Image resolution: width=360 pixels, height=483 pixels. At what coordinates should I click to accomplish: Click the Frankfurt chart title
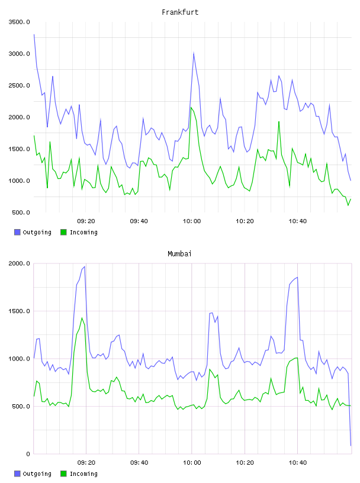pyautogui.click(x=180, y=12)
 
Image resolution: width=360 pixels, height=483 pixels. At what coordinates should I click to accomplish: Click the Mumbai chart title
pyautogui.click(x=179, y=254)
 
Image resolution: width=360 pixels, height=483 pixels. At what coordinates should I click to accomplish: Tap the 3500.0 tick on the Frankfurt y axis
pyautogui.click(x=20, y=22)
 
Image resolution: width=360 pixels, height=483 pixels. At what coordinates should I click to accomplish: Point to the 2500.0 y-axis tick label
pyautogui.click(x=20, y=85)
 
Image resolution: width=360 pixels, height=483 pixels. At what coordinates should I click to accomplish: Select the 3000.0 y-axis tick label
pyautogui.click(x=20, y=54)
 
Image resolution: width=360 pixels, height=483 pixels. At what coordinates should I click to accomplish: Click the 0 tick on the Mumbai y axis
pyautogui.click(x=28, y=454)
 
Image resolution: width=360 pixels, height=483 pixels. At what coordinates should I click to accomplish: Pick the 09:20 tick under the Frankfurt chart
pyautogui.click(x=86, y=221)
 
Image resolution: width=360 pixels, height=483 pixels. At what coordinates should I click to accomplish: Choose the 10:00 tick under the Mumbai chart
pyautogui.click(x=192, y=463)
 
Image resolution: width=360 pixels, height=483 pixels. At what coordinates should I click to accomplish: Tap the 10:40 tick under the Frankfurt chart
pyautogui.click(x=297, y=221)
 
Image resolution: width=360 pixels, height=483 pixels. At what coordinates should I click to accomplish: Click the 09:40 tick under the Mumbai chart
pyautogui.click(x=139, y=463)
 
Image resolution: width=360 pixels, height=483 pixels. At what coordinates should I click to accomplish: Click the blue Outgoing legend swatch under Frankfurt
pyautogui.click(x=17, y=232)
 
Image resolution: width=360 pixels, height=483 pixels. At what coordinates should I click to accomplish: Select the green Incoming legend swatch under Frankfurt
pyautogui.click(x=63, y=232)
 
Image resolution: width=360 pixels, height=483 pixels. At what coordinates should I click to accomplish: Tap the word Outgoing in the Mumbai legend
pyautogui.click(x=37, y=474)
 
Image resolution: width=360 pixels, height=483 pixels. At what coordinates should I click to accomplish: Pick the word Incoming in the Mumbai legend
pyautogui.click(x=83, y=474)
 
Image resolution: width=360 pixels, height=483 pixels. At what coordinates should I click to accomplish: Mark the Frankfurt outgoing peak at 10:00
pyautogui.click(x=194, y=53)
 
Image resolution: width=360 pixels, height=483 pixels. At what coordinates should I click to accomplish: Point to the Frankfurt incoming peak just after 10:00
pyautogui.click(x=191, y=107)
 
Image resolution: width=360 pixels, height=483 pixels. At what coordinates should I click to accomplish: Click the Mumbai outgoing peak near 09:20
pyautogui.click(x=85, y=266)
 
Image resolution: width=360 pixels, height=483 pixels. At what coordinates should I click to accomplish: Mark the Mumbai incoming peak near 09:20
pyautogui.click(x=82, y=318)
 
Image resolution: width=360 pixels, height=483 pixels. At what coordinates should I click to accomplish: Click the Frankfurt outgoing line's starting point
pyautogui.click(x=34, y=34)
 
